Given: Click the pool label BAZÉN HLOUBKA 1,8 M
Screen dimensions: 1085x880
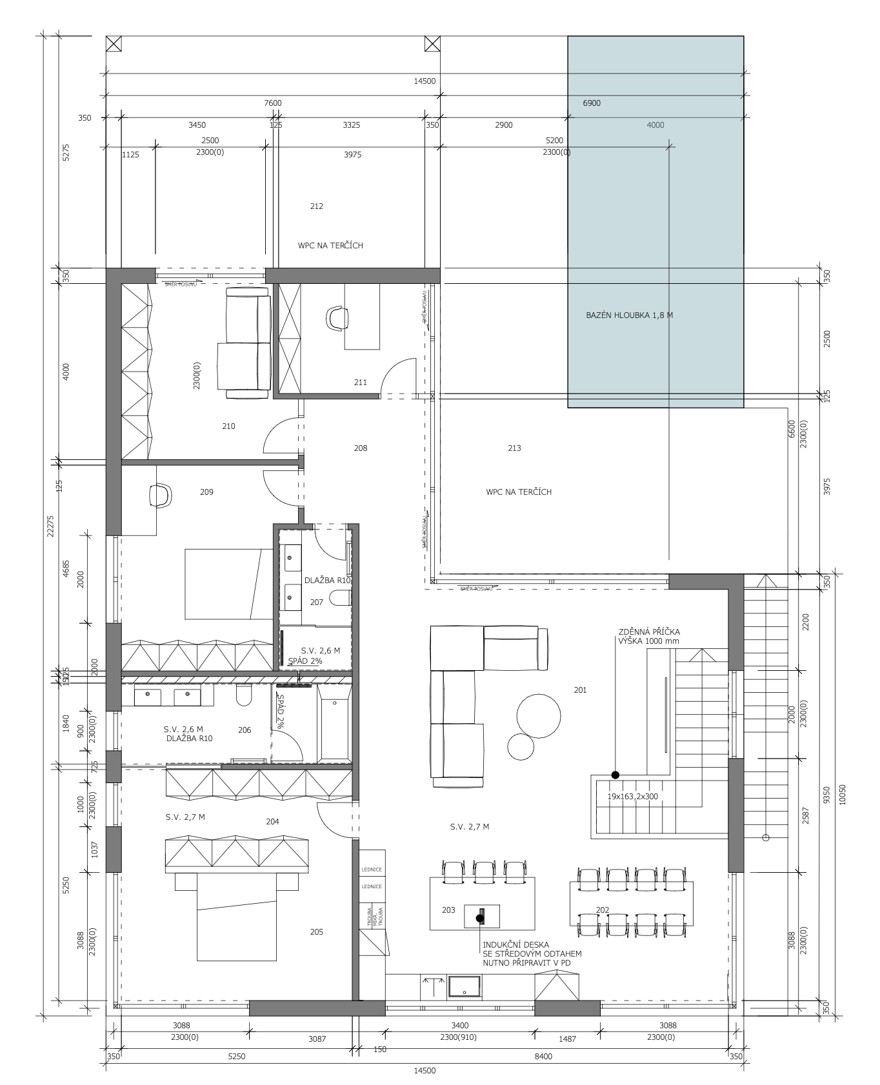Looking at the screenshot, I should pyautogui.click(x=629, y=315).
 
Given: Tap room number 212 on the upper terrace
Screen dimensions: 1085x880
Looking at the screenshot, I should pyautogui.click(x=316, y=206).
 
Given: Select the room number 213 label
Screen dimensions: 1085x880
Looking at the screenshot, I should pyautogui.click(x=514, y=448).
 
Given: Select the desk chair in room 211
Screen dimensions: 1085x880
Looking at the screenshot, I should pyautogui.click(x=337, y=319).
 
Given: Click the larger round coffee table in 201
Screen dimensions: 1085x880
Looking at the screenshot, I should pyautogui.click(x=539, y=715).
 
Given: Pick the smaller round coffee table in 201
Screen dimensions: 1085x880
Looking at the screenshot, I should pyautogui.click(x=521, y=746).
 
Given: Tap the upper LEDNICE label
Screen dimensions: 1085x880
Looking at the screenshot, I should pyautogui.click(x=372, y=870).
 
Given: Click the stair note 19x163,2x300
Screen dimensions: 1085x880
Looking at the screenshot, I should pyautogui.click(x=632, y=797).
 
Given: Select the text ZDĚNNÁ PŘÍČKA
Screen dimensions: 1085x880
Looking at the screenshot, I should pyautogui.click(x=649, y=632).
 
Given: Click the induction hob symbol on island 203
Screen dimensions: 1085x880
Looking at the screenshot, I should pyautogui.click(x=481, y=917).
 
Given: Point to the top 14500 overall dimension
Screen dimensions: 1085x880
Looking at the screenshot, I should pyautogui.click(x=425, y=81).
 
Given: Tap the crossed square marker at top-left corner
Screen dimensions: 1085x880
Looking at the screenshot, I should pyautogui.click(x=114, y=44).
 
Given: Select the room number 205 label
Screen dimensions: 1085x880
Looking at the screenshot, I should pyautogui.click(x=316, y=932).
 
